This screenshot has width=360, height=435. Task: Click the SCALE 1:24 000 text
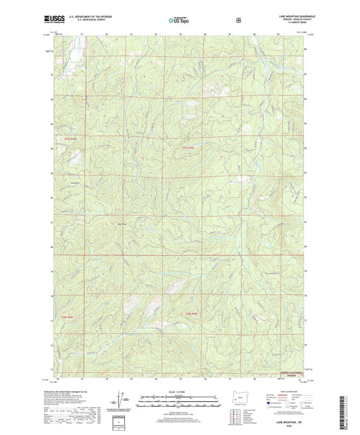click(x=179, y=392)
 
